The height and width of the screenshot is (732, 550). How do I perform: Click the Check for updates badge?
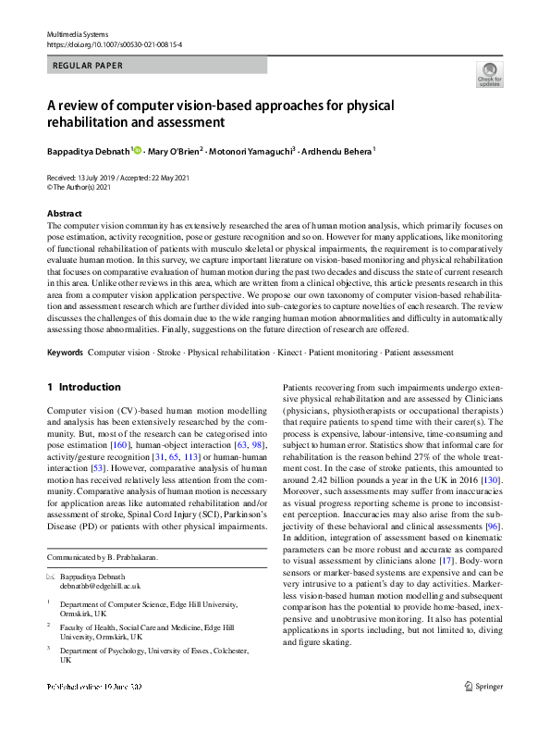click(489, 74)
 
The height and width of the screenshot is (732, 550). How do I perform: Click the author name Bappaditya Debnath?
click(89, 150)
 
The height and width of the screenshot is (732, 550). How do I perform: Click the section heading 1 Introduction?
click(83, 387)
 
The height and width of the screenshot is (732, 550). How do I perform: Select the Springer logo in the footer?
click(483, 712)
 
